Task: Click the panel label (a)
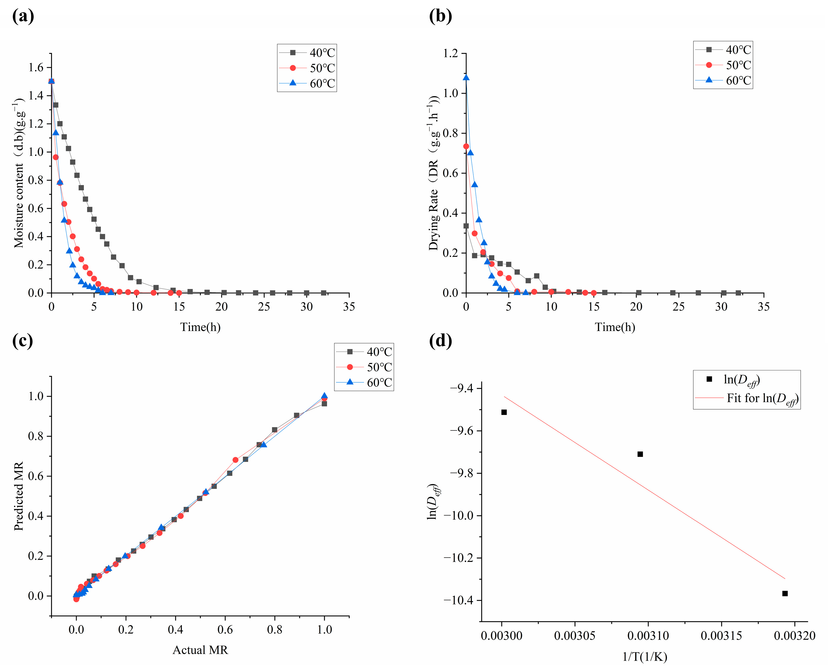pyautogui.click(x=23, y=16)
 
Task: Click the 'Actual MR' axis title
pyautogui.click(x=200, y=650)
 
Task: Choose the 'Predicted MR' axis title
pyautogui.click(x=19, y=496)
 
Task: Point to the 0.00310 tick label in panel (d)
pyautogui.click(x=648, y=635)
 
